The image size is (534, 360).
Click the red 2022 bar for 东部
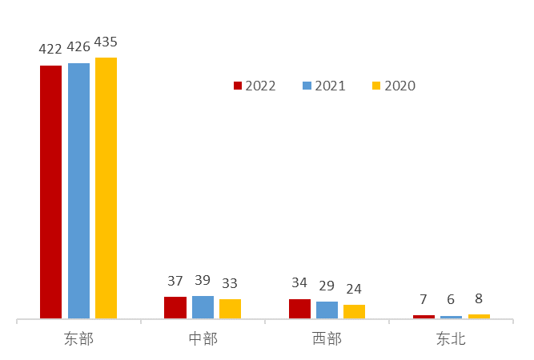coord(51,192)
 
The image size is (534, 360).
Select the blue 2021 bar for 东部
coord(78,190)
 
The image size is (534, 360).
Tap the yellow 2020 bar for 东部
coord(106,188)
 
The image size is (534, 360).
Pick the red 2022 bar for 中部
coord(175,308)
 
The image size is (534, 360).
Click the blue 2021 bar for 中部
coord(203,307)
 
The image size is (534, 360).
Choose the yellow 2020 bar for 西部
coord(354,311)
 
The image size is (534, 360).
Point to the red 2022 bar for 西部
coord(299,309)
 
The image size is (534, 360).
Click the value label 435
coord(106,42)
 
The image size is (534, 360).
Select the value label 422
coord(50,50)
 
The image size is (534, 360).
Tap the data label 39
coord(203,281)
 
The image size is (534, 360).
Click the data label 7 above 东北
coord(424,300)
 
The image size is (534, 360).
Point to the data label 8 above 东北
coord(479,299)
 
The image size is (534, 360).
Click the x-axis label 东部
coord(78,339)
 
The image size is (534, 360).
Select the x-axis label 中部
coord(203,339)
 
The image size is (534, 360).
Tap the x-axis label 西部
coord(327,339)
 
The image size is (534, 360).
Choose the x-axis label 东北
coord(451,339)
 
